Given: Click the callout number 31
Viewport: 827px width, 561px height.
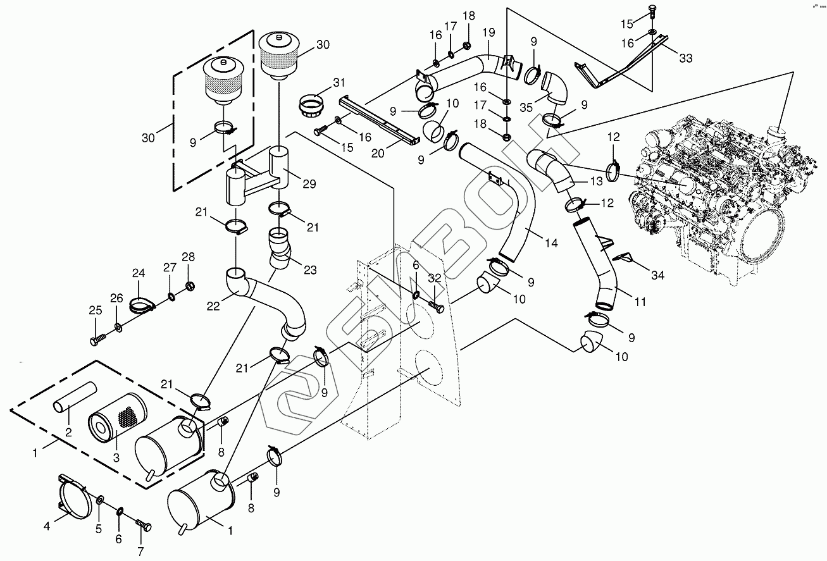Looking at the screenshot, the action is point(339,82).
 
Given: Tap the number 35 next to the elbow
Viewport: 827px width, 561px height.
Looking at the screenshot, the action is point(526,108).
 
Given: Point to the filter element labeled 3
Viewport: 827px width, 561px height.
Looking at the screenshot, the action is point(118,417).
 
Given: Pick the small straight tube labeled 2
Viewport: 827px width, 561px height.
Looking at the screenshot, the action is point(75,398).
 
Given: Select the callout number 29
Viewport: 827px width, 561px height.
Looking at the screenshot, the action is point(309,184).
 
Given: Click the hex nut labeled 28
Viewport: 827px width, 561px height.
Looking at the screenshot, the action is point(190,286).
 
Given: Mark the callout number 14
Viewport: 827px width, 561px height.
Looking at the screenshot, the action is point(551,243).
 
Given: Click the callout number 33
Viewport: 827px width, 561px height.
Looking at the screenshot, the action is point(686,58).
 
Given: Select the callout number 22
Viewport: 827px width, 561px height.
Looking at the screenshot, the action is point(213,305).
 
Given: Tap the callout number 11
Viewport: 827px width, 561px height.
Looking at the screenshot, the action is point(640,302).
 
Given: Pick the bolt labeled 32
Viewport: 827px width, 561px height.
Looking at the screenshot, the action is point(437,307).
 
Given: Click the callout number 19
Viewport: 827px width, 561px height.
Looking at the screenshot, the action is point(488,32).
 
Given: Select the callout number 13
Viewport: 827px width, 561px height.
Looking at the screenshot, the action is point(596,181).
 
